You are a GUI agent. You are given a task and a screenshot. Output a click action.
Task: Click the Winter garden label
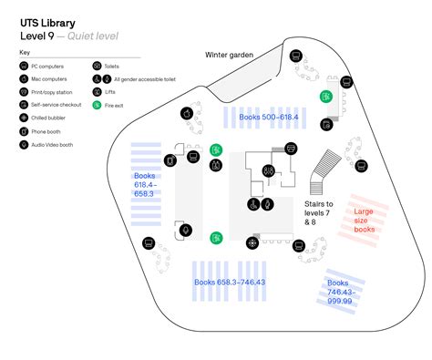[229, 55]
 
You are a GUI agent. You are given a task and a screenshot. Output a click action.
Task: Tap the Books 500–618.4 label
[269, 118]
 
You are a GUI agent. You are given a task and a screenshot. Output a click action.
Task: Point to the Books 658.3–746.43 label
[230, 283]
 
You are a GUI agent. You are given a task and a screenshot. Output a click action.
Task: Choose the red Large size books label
[364, 221]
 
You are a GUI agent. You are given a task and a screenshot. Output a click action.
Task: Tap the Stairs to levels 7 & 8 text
[319, 212]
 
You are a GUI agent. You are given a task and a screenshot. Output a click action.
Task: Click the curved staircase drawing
[324, 171]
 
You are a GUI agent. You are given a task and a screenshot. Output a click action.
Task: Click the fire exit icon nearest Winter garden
[325, 96]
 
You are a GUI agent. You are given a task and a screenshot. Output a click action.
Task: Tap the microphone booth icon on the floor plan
[185, 231]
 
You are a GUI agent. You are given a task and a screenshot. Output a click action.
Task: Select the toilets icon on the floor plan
[268, 170]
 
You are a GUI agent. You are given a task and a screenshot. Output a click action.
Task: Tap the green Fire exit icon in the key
[98, 106]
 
